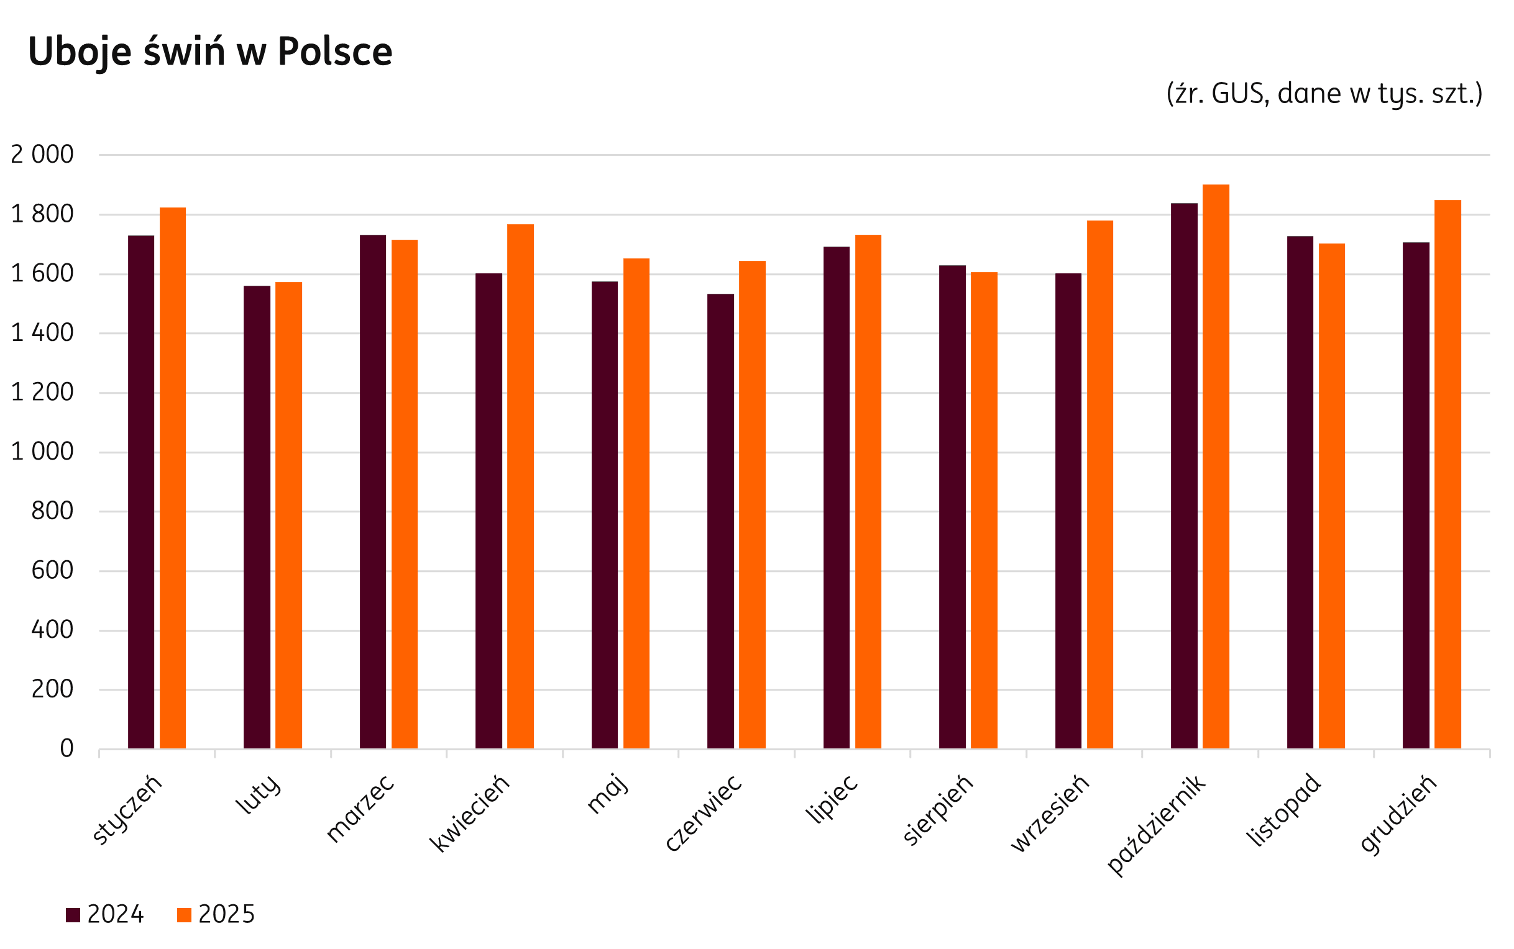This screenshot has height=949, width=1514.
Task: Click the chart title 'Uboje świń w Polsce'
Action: tap(209, 52)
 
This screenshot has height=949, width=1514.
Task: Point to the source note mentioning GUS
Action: tap(1324, 94)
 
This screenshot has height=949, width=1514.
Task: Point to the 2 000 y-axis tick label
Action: tap(42, 155)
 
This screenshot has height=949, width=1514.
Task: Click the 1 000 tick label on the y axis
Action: tap(42, 452)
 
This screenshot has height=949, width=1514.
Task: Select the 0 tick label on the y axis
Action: tap(67, 749)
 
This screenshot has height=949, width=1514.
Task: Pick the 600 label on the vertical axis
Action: tap(52, 571)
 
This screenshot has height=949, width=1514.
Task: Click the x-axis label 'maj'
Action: tap(607, 795)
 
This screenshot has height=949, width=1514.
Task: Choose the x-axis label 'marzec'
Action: tap(360, 810)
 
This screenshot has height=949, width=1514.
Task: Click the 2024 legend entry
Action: tap(106, 914)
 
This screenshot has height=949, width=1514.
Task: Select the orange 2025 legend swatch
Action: tap(184, 914)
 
